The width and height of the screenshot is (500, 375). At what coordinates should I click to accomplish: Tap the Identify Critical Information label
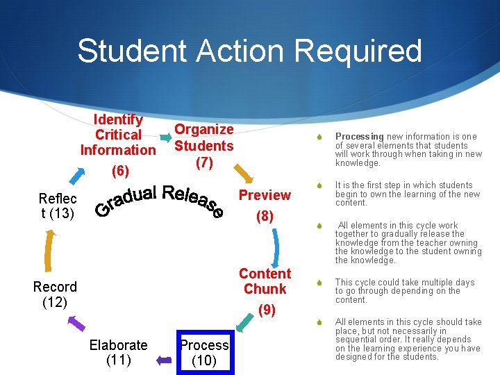click(x=118, y=135)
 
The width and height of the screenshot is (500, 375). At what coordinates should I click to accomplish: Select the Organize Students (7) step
click(x=203, y=146)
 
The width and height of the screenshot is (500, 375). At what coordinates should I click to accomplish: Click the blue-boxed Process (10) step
click(x=204, y=352)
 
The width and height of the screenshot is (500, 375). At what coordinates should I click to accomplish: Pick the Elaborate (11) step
click(x=119, y=352)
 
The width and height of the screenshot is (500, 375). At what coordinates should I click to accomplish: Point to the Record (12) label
click(x=55, y=294)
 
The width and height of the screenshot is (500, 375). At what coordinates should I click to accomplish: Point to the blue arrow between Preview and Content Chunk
click(x=276, y=246)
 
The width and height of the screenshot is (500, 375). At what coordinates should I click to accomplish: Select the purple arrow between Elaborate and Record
click(x=76, y=322)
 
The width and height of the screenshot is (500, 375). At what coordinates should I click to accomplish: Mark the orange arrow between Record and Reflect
click(x=48, y=249)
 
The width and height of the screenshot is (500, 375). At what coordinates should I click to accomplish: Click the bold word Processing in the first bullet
click(x=359, y=137)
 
